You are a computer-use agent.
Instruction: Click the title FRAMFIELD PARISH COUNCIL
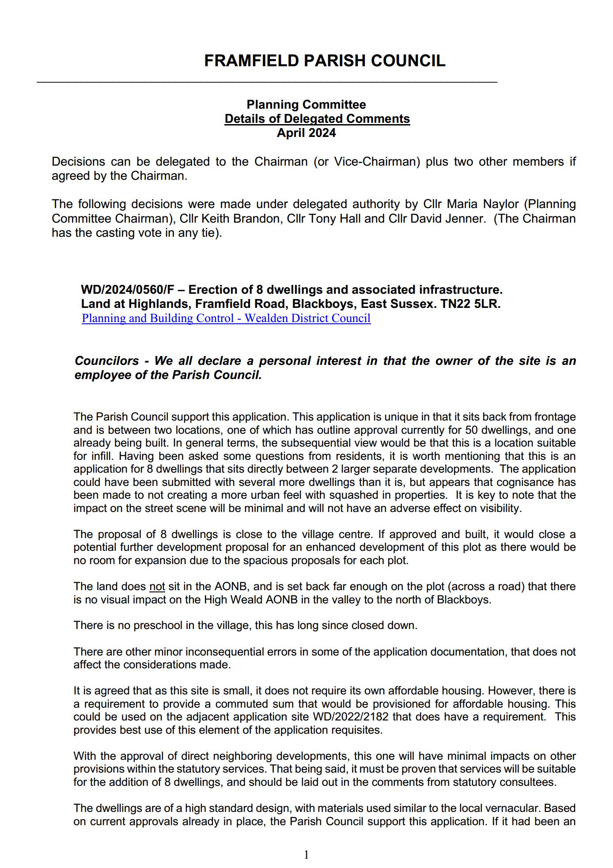(x=325, y=61)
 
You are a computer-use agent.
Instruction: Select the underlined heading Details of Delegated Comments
(x=317, y=119)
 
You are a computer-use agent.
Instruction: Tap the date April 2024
(x=306, y=133)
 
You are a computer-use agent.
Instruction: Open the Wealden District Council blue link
(x=226, y=318)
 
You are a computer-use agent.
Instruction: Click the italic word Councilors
(x=107, y=361)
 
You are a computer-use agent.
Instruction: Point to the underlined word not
(x=157, y=587)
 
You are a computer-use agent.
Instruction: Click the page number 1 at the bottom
(x=306, y=855)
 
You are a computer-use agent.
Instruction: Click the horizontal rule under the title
(x=267, y=82)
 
